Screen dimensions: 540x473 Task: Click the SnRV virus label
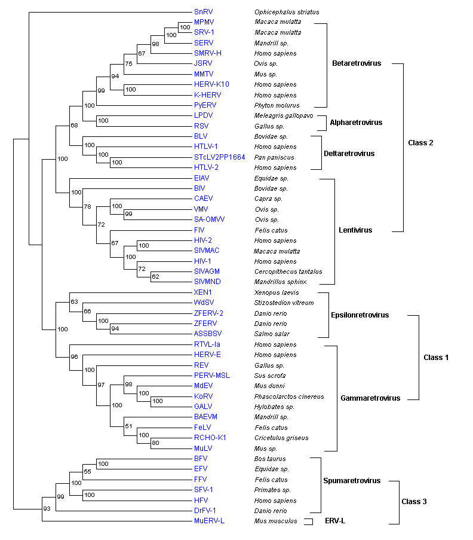coord(202,12)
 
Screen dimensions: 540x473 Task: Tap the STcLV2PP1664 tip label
coord(219,157)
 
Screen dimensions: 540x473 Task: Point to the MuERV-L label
coord(209,521)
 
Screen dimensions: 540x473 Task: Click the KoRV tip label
coord(203,396)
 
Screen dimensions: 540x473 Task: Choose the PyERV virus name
coord(204,105)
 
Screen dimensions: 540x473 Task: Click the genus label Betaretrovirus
coord(357,63)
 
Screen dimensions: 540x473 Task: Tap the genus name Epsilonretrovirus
coord(360,315)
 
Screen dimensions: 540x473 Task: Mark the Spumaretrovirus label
coord(351,481)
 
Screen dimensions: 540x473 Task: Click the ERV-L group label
coord(334,521)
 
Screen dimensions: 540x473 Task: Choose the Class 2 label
coord(437,142)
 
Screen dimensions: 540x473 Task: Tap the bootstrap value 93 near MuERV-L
coord(48,508)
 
